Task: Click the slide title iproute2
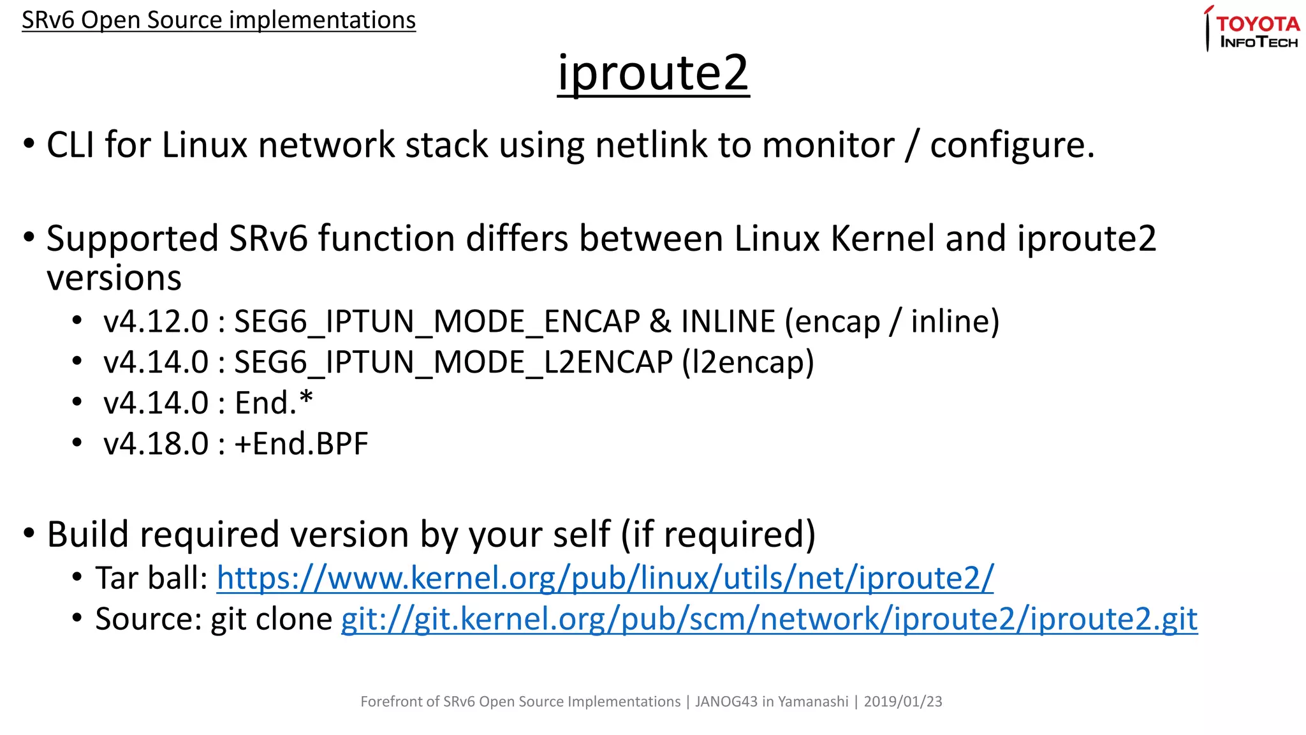(653, 73)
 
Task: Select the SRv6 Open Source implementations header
(219, 20)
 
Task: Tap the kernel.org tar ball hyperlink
(605, 578)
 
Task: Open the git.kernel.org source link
(769, 619)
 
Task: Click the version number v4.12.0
(156, 322)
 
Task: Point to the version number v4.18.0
(156, 444)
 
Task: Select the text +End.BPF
(302, 444)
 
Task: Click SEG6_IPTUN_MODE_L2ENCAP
(453, 362)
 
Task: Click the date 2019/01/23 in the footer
(902, 702)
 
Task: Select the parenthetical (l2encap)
(747, 362)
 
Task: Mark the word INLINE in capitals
(728, 322)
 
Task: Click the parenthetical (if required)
(719, 535)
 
